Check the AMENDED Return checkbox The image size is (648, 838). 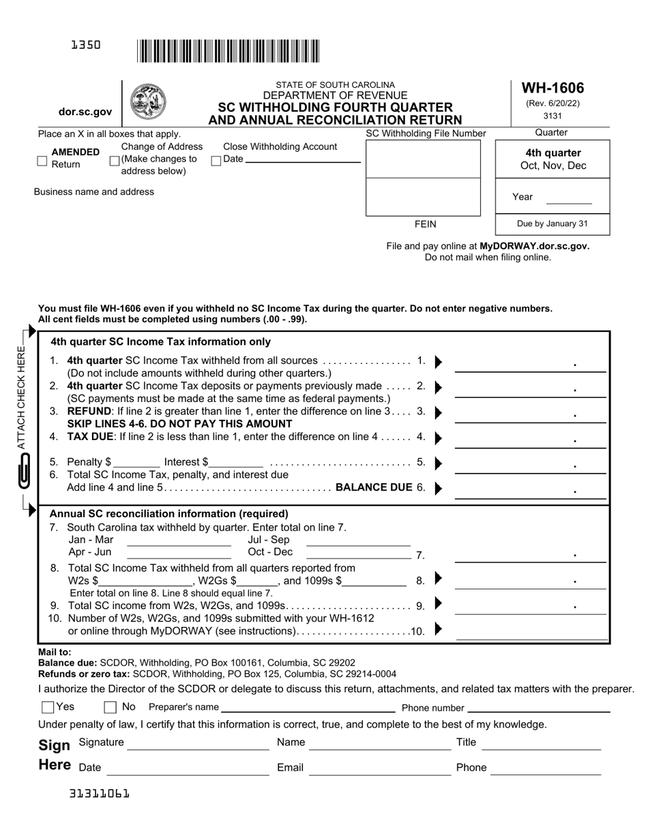(x=42, y=161)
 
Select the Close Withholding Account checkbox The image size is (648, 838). (x=216, y=161)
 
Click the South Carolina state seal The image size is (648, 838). (x=147, y=102)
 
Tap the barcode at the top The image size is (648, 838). (x=228, y=52)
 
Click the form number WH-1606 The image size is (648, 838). (x=553, y=88)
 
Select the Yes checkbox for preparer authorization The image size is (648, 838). (x=48, y=707)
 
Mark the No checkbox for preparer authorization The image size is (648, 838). (x=110, y=707)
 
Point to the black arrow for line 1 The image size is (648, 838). (x=438, y=361)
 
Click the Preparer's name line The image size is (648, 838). (x=308, y=709)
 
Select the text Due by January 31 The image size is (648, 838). (x=552, y=223)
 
